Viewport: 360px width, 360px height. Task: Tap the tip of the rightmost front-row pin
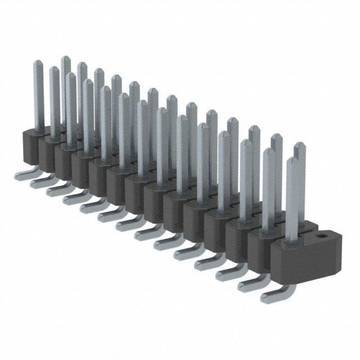(291, 160)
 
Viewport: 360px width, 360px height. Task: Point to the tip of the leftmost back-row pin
(65, 58)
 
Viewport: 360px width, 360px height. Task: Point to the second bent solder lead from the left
(38, 181)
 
